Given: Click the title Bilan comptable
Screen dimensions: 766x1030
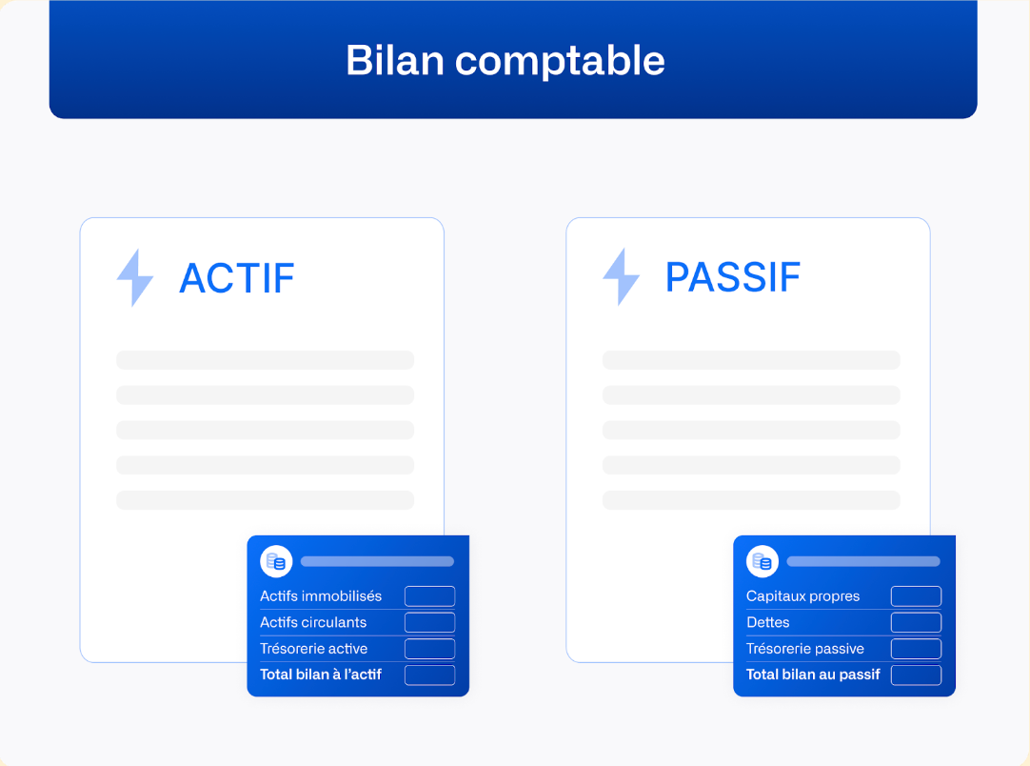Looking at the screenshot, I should [x=505, y=60].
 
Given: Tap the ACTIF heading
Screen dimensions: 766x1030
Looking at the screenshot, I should [x=237, y=278].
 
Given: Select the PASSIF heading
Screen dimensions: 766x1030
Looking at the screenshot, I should [x=732, y=277].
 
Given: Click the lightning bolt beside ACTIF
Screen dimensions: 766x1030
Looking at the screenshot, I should [x=135, y=278].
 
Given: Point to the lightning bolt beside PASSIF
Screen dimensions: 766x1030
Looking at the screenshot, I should [x=622, y=277].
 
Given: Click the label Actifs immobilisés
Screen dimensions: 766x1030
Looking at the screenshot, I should [x=321, y=596].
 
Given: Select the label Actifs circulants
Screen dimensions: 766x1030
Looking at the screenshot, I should [x=313, y=622].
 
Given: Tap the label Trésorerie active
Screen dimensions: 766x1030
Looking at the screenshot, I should [x=314, y=649].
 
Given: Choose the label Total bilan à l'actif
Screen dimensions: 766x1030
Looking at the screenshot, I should [x=321, y=675].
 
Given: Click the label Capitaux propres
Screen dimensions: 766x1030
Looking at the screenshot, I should [x=802, y=596].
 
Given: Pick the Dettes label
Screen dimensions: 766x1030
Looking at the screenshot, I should [x=768, y=622].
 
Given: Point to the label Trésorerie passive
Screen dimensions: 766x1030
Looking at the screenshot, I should [x=805, y=649].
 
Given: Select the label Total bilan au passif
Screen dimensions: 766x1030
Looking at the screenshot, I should [x=813, y=675].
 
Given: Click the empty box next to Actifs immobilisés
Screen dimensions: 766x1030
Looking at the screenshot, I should [x=429, y=596].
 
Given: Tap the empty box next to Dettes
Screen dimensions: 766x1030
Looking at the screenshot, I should [x=916, y=622].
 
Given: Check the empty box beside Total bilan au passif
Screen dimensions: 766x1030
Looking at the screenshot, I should [x=916, y=675].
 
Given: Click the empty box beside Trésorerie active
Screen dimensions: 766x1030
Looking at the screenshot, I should [x=429, y=649].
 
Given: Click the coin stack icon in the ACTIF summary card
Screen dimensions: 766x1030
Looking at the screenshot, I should [x=276, y=561].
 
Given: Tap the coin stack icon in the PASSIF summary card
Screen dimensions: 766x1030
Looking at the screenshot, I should [x=763, y=561].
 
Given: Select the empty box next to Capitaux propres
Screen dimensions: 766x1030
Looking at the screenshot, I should [x=916, y=596].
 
